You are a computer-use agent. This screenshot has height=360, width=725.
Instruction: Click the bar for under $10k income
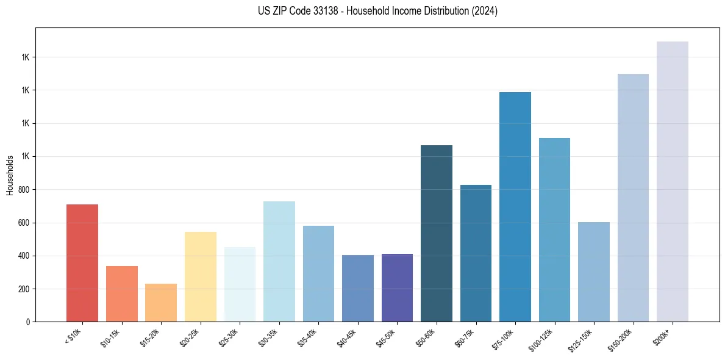click(82, 263)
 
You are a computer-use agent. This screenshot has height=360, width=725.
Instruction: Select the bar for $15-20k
click(161, 303)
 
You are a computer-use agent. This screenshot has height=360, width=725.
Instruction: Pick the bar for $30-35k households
click(279, 261)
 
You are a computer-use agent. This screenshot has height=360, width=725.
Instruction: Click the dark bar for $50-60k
click(437, 233)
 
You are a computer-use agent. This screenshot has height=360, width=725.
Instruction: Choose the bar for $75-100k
click(515, 207)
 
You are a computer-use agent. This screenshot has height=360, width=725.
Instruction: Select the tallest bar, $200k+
click(673, 181)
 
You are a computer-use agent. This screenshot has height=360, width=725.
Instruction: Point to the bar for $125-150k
click(594, 272)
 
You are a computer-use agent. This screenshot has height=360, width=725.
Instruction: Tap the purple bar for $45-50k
click(397, 287)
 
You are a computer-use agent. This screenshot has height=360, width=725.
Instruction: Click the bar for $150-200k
click(633, 198)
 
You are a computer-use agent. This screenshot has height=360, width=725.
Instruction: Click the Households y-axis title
click(10, 175)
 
